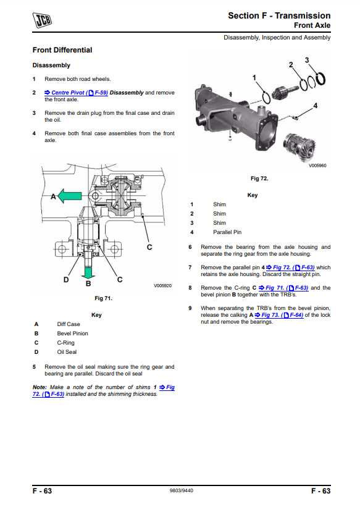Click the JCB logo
(x=42, y=20)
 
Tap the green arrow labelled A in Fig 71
(x=70, y=196)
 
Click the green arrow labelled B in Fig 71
(x=88, y=272)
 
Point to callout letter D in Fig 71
(x=66, y=280)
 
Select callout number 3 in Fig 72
(x=307, y=60)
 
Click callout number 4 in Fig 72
(x=316, y=106)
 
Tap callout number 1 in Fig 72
(x=254, y=78)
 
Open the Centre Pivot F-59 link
(x=76, y=93)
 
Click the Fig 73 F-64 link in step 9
(x=279, y=315)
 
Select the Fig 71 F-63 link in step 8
(x=283, y=288)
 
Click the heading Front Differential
(x=62, y=50)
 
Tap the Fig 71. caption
(x=104, y=298)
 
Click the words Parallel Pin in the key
(x=227, y=232)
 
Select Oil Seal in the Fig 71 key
(x=67, y=352)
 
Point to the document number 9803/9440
(x=182, y=490)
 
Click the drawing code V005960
(x=317, y=166)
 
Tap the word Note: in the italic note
(x=40, y=387)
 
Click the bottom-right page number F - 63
(x=321, y=491)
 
